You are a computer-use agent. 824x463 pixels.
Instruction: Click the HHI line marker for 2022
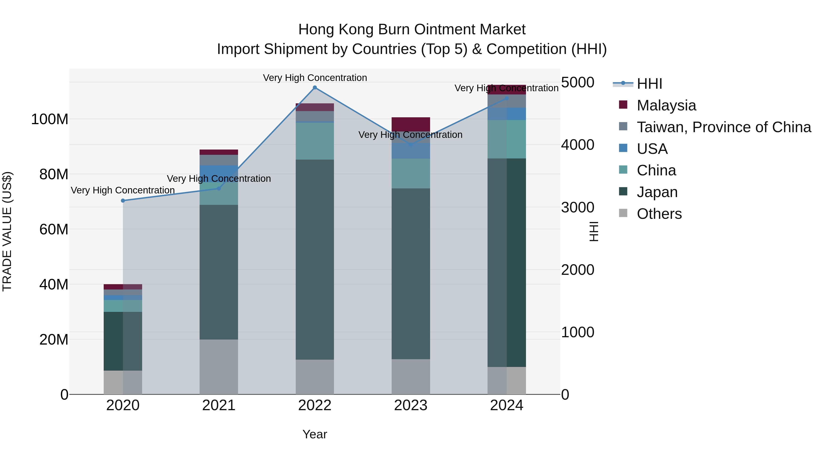(x=315, y=88)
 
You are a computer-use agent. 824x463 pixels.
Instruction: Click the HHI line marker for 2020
(x=123, y=201)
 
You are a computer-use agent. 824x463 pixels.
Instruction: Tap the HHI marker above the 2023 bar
(x=411, y=145)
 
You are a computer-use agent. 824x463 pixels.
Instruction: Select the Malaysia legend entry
(x=666, y=105)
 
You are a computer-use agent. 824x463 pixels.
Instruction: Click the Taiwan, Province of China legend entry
(x=724, y=127)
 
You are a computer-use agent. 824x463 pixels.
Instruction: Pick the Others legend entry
(x=659, y=214)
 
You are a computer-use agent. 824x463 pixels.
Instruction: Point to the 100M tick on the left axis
(x=50, y=119)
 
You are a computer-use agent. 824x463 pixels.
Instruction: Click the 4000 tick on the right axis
(x=578, y=145)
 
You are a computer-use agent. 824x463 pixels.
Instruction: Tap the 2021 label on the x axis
(x=219, y=405)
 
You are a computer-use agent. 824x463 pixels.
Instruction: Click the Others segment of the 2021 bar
(x=219, y=367)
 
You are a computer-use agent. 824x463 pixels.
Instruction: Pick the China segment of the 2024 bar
(x=507, y=139)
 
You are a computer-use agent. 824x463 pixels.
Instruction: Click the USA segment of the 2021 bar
(x=219, y=173)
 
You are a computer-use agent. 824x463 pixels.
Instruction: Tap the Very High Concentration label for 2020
(x=123, y=190)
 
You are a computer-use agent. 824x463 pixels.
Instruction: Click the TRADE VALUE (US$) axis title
(x=7, y=231)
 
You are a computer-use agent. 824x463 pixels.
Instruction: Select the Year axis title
(x=315, y=434)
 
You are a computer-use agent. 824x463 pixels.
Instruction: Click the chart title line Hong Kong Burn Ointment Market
(x=412, y=29)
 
